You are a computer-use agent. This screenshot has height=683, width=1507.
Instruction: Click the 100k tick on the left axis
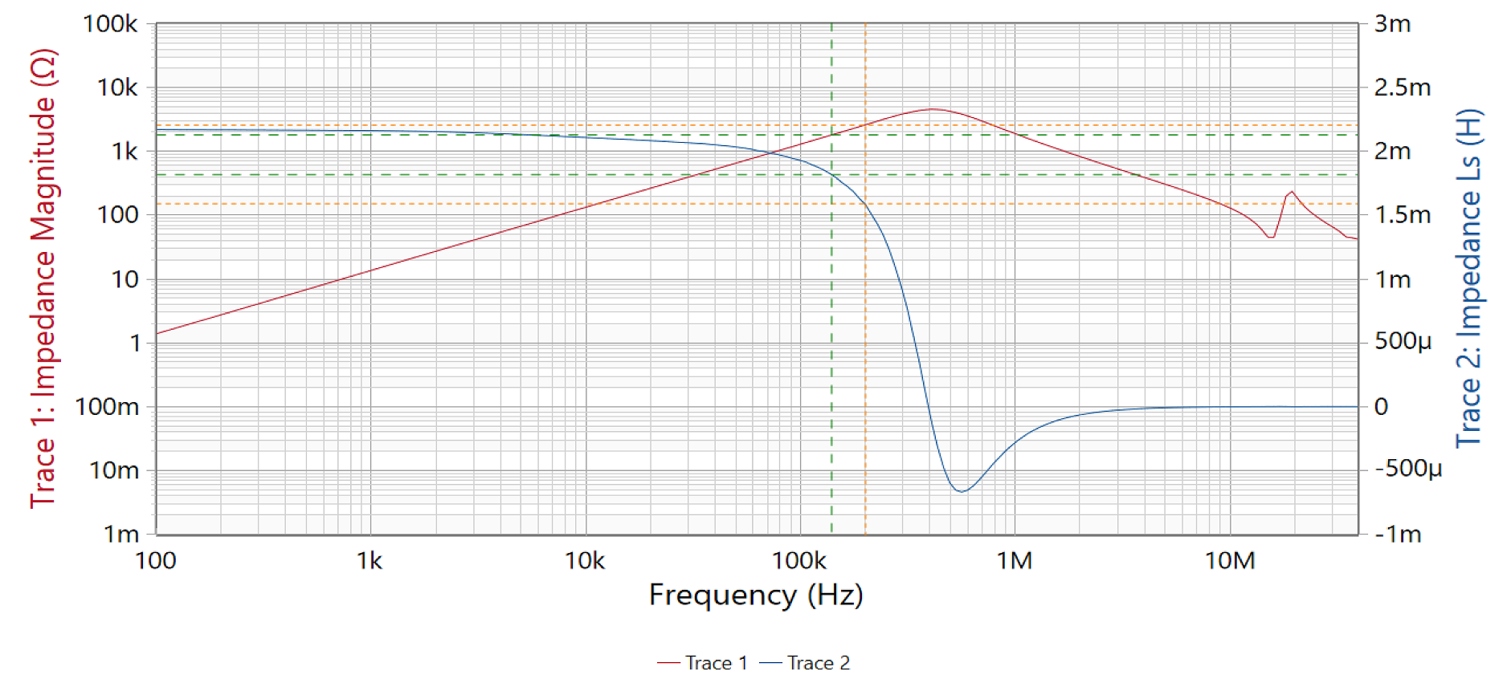pos(110,24)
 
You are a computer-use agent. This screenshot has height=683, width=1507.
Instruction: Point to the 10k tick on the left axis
pos(117,87)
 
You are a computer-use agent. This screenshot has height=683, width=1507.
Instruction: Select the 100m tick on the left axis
pos(107,407)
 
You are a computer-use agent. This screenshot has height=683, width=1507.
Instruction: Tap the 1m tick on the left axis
pos(121,534)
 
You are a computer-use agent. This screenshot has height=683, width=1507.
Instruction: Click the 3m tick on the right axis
pos(1392,24)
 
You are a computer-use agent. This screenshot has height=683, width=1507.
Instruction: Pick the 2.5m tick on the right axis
pos(1402,87)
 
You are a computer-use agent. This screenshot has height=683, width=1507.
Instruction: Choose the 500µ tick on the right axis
pos(1403,342)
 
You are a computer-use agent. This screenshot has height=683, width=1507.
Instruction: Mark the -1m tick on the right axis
pos(1398,534)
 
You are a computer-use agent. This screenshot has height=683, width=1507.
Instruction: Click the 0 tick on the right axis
pos(1381,407)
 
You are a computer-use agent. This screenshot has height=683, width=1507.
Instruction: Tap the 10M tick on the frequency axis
pos(1230,560)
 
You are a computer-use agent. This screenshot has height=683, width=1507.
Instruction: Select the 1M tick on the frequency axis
pos(1015,560)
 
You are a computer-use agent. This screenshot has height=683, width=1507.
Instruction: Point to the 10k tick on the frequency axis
pos(585,560)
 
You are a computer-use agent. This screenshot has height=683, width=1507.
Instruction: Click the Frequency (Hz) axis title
pos(756,596)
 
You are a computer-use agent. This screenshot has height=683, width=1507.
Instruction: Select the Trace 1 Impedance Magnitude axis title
pos(43,278)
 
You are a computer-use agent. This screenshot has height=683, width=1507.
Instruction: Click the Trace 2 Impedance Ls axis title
pos(1469,278)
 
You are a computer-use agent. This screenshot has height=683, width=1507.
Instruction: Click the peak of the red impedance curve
pos(931,109)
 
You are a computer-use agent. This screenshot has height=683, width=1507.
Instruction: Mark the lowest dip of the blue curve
pos(961,491)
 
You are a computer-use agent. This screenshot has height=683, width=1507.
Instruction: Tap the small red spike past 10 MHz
pos(1291,192)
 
